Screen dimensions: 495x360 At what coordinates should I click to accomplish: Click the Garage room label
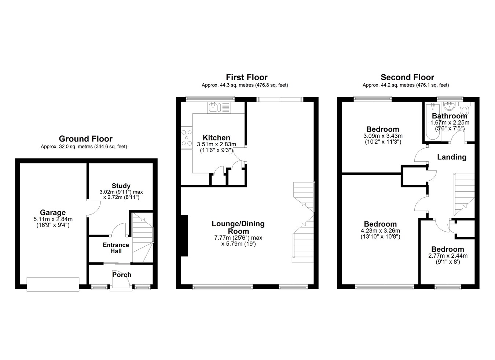pyautogui.click(x=53, y=213)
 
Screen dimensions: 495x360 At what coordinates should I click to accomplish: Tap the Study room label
pyautogui.click(x=121, y=186)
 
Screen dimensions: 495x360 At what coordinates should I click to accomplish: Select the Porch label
pyautogui.click(x=122, y=275)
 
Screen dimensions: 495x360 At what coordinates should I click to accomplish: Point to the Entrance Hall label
pyautogui.click(x=116, y=248)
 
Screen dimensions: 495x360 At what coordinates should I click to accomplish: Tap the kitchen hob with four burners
pyautogui.click(x=187, y=138)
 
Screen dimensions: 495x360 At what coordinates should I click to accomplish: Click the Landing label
pyautogui.click(x=452, y=157)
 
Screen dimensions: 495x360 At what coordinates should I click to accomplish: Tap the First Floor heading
pyautogui.click(x=247, y=77)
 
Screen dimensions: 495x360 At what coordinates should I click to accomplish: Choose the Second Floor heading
pyautogui.click(x=407, y=77)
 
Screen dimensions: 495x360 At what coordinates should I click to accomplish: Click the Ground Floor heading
pyautogui.click(x=86, y=139)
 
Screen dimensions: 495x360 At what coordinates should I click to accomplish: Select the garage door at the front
pyautogui.click(x=53, y=284)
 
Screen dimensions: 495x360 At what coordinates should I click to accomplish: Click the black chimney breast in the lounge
pyautogui.click(x=184, y=236)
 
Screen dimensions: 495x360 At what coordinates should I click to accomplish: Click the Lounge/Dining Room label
pyautogui.click(x=238, y=228)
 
